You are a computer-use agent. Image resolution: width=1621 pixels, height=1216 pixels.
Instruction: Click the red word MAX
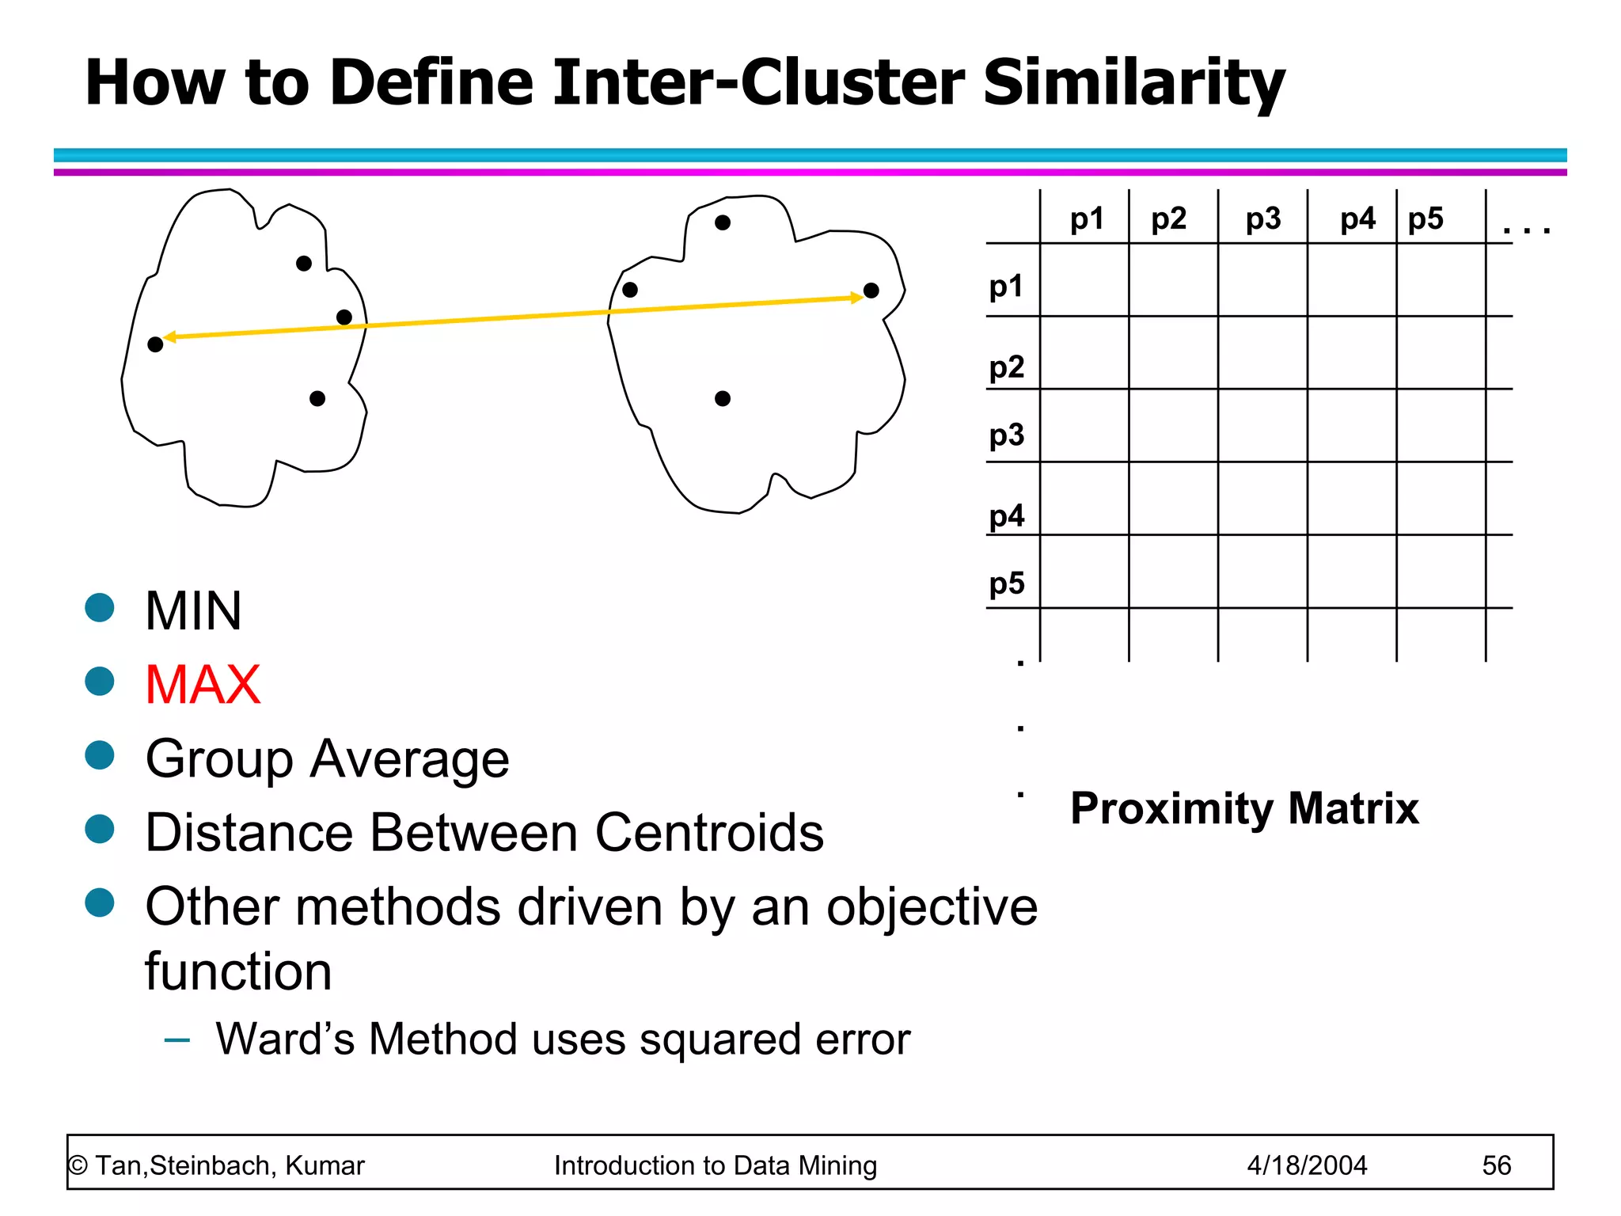point(203,685)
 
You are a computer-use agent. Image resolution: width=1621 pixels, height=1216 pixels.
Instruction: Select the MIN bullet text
point(193,611)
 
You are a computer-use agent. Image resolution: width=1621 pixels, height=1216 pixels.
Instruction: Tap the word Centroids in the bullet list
point(709,833)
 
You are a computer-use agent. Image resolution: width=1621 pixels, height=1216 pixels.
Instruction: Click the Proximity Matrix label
point(1244,808)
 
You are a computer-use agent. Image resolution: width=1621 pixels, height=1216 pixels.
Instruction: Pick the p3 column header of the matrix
point(1262,218)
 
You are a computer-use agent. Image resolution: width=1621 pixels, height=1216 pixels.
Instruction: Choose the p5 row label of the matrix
point(1007,583)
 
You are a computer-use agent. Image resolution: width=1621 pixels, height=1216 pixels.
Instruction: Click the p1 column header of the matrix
point(1086,218)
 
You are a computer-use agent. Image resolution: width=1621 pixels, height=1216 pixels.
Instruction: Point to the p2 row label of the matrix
point(1007,367)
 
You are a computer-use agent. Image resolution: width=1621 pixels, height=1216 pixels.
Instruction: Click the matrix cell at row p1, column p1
point(1084,279)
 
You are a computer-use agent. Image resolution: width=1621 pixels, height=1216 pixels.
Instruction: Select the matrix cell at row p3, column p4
point(1352,425)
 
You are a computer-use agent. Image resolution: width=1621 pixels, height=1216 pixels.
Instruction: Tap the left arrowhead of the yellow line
point(169,338)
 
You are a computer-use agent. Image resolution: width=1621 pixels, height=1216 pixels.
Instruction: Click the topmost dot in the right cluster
point(723,223)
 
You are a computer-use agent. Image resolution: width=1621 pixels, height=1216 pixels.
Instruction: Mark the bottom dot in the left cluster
point(317,398)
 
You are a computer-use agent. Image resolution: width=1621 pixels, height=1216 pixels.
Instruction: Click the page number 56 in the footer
point(1496,1165)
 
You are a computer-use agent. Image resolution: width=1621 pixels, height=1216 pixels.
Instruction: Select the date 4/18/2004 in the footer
point(1307,1165)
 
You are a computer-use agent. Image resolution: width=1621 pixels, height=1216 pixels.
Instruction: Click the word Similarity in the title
point(1133,82)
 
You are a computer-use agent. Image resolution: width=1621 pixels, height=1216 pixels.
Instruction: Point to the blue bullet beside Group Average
point(100,755)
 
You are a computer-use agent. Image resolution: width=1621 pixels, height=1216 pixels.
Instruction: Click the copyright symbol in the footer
point(78,1165)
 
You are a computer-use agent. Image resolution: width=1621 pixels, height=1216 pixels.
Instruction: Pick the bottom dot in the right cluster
point(723,398)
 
